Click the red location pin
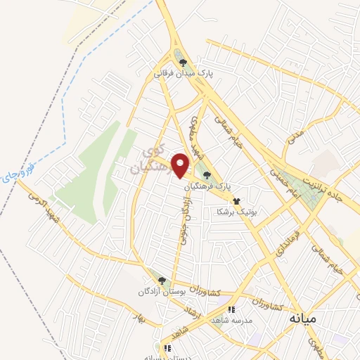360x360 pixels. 181,165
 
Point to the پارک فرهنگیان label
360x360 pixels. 208,186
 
